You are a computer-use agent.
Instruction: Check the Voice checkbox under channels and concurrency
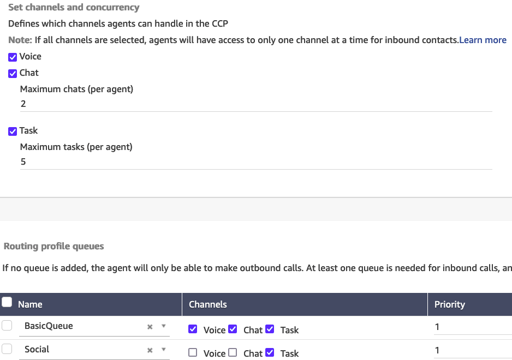13,57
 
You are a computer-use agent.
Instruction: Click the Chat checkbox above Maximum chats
13,73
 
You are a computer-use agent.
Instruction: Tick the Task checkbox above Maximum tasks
13,131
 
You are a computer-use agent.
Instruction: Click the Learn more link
483,40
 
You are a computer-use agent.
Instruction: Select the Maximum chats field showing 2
255,104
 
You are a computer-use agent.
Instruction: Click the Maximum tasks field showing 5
255,161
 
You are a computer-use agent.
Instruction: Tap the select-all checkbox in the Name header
7,302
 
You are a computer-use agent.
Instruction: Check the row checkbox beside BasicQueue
7,326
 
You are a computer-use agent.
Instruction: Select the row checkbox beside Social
7,349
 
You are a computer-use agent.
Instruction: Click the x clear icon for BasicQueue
150,327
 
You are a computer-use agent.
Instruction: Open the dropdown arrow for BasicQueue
163,326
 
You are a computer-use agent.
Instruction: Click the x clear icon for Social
150,350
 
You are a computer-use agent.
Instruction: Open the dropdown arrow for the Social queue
163,350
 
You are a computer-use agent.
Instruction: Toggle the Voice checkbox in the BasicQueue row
192,329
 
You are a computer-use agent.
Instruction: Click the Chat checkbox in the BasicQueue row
233,329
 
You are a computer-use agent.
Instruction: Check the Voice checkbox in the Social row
192,352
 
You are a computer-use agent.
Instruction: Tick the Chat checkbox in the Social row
233,352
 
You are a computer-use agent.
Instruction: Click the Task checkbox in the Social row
269,352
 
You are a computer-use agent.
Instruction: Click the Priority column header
449,304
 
